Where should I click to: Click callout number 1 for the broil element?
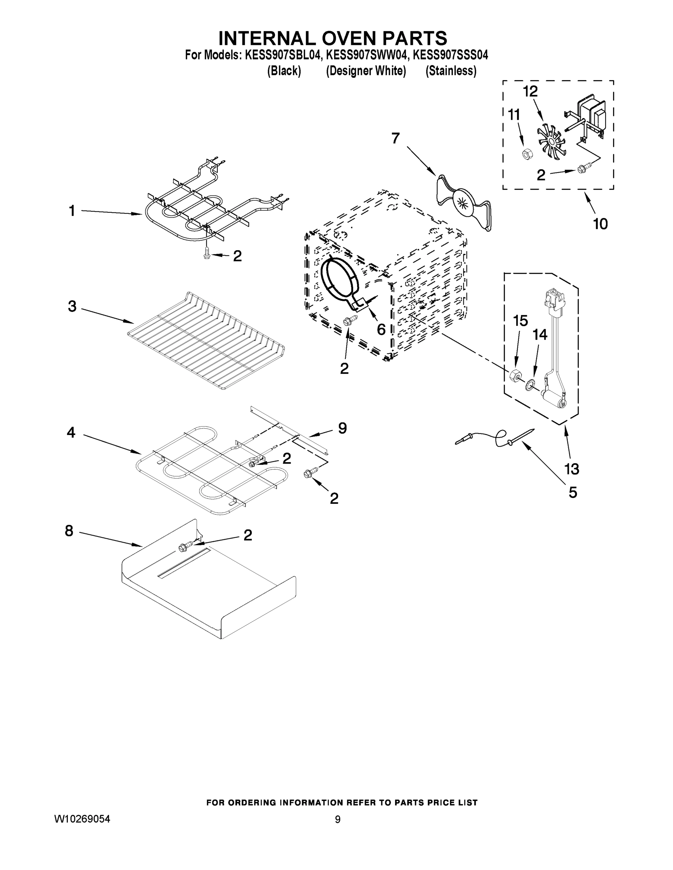point(72,211)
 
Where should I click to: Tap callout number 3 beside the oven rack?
point(72,306)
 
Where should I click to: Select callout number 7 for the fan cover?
point(395,138)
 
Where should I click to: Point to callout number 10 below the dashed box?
point(600,224)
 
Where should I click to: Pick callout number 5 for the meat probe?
point(573,493)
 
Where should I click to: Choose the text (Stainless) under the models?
point(451,71)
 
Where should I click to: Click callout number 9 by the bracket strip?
point(342,428)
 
